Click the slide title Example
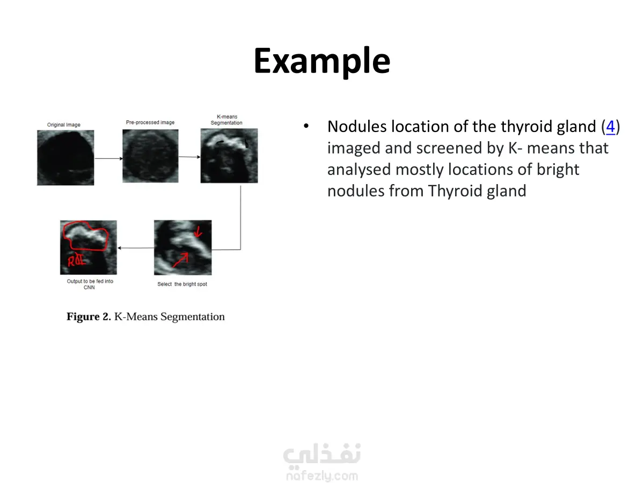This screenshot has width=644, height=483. (x=322, y=61)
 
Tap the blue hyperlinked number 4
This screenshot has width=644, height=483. (x=610, y=127)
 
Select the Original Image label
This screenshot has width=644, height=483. (x=64, y=125)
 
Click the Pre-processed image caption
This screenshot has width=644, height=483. (x=150, y=122)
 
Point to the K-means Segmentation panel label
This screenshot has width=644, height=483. (x=226, y=120)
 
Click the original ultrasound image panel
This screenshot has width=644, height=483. (x=65, y=158)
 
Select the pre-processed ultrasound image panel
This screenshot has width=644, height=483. (x=150, y=156)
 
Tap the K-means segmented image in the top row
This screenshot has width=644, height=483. (x=229, y=156)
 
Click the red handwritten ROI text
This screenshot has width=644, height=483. (x=77, y=260)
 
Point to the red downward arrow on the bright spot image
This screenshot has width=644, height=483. (x=199, y=231)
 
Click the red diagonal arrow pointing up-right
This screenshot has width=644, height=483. (x=180, y=260)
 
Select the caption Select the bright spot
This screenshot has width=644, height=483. (x=182, y=284)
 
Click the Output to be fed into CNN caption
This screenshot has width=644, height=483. (x=90, y=284)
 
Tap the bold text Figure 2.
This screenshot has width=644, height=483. (x=89, y=317)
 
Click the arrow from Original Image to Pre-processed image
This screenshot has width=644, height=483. (x=108, y=159)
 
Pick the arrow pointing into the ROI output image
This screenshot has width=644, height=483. (x=136, y=248)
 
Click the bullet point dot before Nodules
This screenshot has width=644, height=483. (x=306, y=126)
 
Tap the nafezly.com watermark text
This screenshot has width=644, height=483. (x=322, y=475)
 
